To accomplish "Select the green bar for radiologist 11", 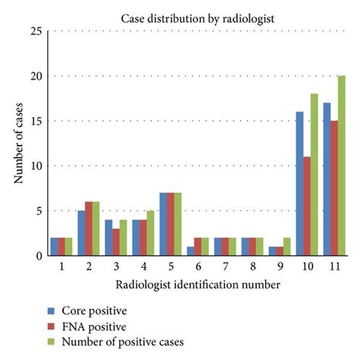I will pyautogui.click(x=341, y=166).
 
